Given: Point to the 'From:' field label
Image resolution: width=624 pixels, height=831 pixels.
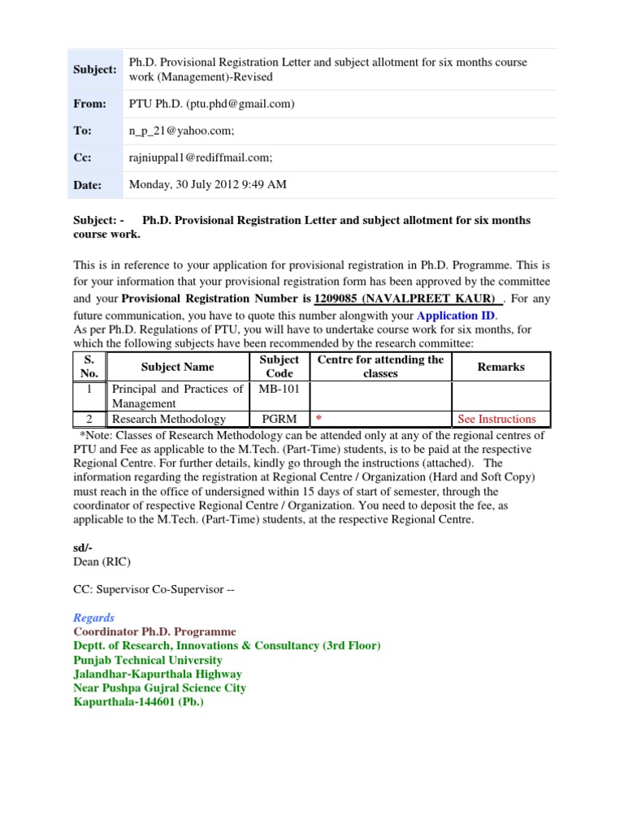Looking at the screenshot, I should [x=89, y=104].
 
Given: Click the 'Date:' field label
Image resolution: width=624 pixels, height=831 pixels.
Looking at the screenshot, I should [x=88, y=185].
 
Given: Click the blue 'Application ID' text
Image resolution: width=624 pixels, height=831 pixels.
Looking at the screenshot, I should [x=455, y=316].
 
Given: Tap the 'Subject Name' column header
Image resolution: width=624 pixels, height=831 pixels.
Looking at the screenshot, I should [x=177, y=367].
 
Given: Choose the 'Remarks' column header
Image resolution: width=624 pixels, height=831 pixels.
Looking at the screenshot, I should [x=500, y=367].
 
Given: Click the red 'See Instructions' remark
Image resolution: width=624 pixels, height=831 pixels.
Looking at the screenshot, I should [x=496, y=419].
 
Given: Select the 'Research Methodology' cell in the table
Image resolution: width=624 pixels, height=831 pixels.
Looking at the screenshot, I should [x=168, y=419].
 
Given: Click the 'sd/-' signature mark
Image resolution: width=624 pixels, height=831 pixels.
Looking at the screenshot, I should [x=84, y=549].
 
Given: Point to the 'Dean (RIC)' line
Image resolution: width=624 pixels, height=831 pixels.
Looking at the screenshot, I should [x=102, y=562].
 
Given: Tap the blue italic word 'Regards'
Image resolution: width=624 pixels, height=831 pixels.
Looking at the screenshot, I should [x=93, y=618].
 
